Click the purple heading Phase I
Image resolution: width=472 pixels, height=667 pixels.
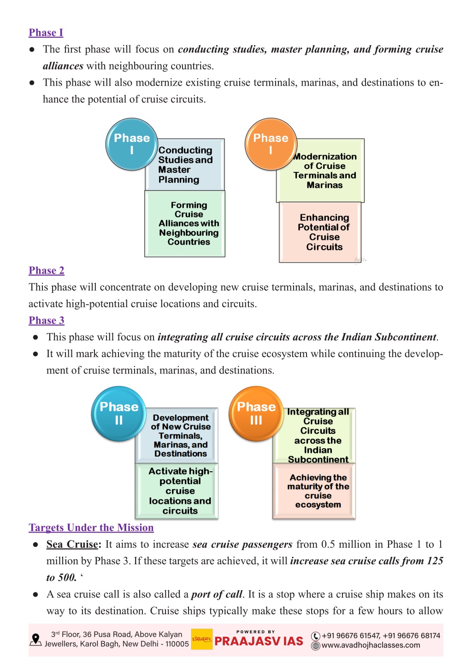[x=46, y=32]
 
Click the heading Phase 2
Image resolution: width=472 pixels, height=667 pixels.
[x=47, y=270]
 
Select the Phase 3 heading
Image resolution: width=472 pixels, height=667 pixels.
[x=47, y=321]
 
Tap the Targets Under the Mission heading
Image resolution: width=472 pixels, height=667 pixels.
[x=91, y=527]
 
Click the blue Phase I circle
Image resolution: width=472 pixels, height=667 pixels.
[x=131, y=144]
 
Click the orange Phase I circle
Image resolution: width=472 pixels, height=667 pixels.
[x=271, y=144]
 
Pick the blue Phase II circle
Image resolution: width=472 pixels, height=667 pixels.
[x=118, y=414]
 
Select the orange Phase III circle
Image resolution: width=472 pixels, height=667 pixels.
[x=256, y=414]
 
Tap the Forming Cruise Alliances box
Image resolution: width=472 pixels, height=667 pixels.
[x=185, y=223]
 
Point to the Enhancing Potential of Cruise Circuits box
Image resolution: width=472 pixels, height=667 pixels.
[x=320, y=232]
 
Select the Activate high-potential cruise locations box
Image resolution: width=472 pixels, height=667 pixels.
[x=177, y=491]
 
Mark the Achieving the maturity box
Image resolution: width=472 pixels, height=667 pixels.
[x=314, y=491]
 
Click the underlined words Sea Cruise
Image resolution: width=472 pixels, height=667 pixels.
[x=72, y=544]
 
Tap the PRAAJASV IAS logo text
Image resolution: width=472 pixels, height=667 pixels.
[x=259, y=641]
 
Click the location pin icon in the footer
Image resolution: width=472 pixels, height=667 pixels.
[x=35, y=640]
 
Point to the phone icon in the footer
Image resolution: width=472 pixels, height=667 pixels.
[x=316, y=636]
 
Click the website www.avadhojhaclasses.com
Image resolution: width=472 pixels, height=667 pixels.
[x=371, y=645]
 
